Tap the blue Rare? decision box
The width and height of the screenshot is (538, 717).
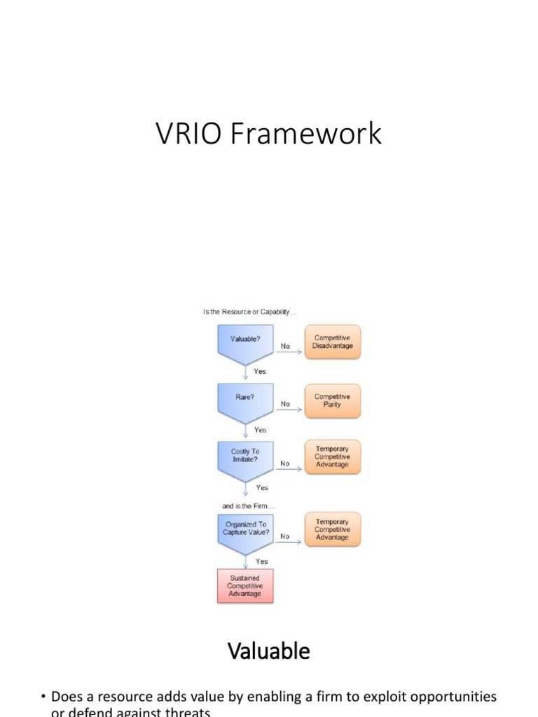pos(244,399)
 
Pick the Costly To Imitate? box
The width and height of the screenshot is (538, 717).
pos(245,457)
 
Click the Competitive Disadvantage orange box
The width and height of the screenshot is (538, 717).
pos(332,342)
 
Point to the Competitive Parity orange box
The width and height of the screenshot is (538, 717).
pos(332,401)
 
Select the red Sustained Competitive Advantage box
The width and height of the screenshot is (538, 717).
pos(244,586)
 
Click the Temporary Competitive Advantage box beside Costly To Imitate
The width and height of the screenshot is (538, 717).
pos(332,457)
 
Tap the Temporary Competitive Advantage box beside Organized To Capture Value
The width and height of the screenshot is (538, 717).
pos(332,529)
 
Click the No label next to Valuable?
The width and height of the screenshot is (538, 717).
pos(286,346)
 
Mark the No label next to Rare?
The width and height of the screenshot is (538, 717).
pos(286,404)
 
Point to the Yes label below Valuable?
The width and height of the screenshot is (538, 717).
pos(260,371)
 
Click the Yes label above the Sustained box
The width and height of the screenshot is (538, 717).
pos(262,561)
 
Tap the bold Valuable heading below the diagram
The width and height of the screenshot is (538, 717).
pos(269,651)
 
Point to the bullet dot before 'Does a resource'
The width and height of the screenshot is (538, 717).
pos(43,697)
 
